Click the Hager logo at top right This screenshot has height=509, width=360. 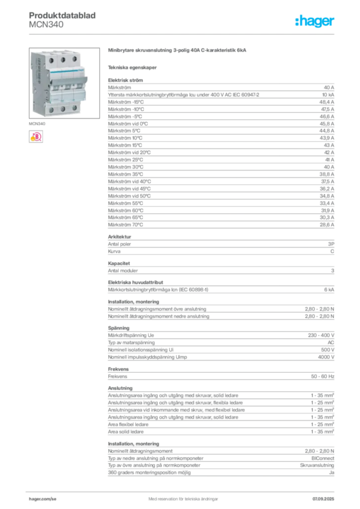[x=314, y=21]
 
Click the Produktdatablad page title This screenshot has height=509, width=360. [x=62, y=15]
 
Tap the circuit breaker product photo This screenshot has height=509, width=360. [x=64, y=83]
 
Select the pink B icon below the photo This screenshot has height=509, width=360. [x=36, y=137]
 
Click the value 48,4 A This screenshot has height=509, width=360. [x=327, y=102]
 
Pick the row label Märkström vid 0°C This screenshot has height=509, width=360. [x=128, y=124]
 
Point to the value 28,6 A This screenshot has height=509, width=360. [x=327, y=225]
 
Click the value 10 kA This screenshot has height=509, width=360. [x=328, y=95]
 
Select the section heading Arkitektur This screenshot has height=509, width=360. [x=119, y=237]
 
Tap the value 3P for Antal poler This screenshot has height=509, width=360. [x=331, y=244]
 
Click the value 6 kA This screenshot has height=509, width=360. [x=329, y=290]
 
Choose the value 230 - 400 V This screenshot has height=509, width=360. [x=321, y=336]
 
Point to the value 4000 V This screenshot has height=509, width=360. [x=326, y=357]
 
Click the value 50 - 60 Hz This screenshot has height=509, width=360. [x=322, y=377]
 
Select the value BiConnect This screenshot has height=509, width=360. [x=323, y=458]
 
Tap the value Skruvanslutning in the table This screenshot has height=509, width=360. [x=317, y=465]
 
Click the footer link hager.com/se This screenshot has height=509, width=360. [x=43, y=499]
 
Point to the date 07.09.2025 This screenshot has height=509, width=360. [x=323, y=499]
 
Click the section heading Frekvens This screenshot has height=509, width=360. [x=118, y=369]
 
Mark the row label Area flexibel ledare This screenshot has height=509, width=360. [x=128, y=424]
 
